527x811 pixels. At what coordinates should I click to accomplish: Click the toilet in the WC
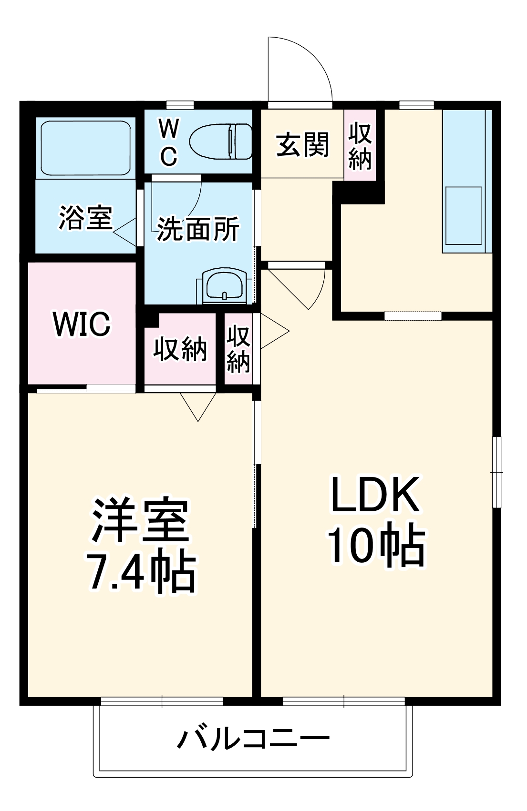221,142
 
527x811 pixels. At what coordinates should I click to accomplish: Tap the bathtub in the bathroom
86,148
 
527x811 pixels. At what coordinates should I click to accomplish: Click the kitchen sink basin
463,215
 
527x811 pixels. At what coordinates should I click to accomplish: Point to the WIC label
82,324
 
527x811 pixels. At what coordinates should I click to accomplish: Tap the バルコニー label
253,739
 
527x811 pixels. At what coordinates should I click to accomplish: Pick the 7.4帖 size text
141,571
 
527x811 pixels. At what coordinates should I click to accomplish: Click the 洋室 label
141,521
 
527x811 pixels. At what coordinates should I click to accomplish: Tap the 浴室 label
85,218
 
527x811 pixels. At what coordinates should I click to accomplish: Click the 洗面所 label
198,229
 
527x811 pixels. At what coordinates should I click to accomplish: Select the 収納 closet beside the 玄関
360,146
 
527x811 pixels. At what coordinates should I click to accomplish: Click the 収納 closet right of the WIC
180,349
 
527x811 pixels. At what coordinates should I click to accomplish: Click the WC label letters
169,142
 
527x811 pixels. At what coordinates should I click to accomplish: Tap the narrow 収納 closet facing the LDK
238,349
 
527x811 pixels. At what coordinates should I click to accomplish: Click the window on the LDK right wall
496,472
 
